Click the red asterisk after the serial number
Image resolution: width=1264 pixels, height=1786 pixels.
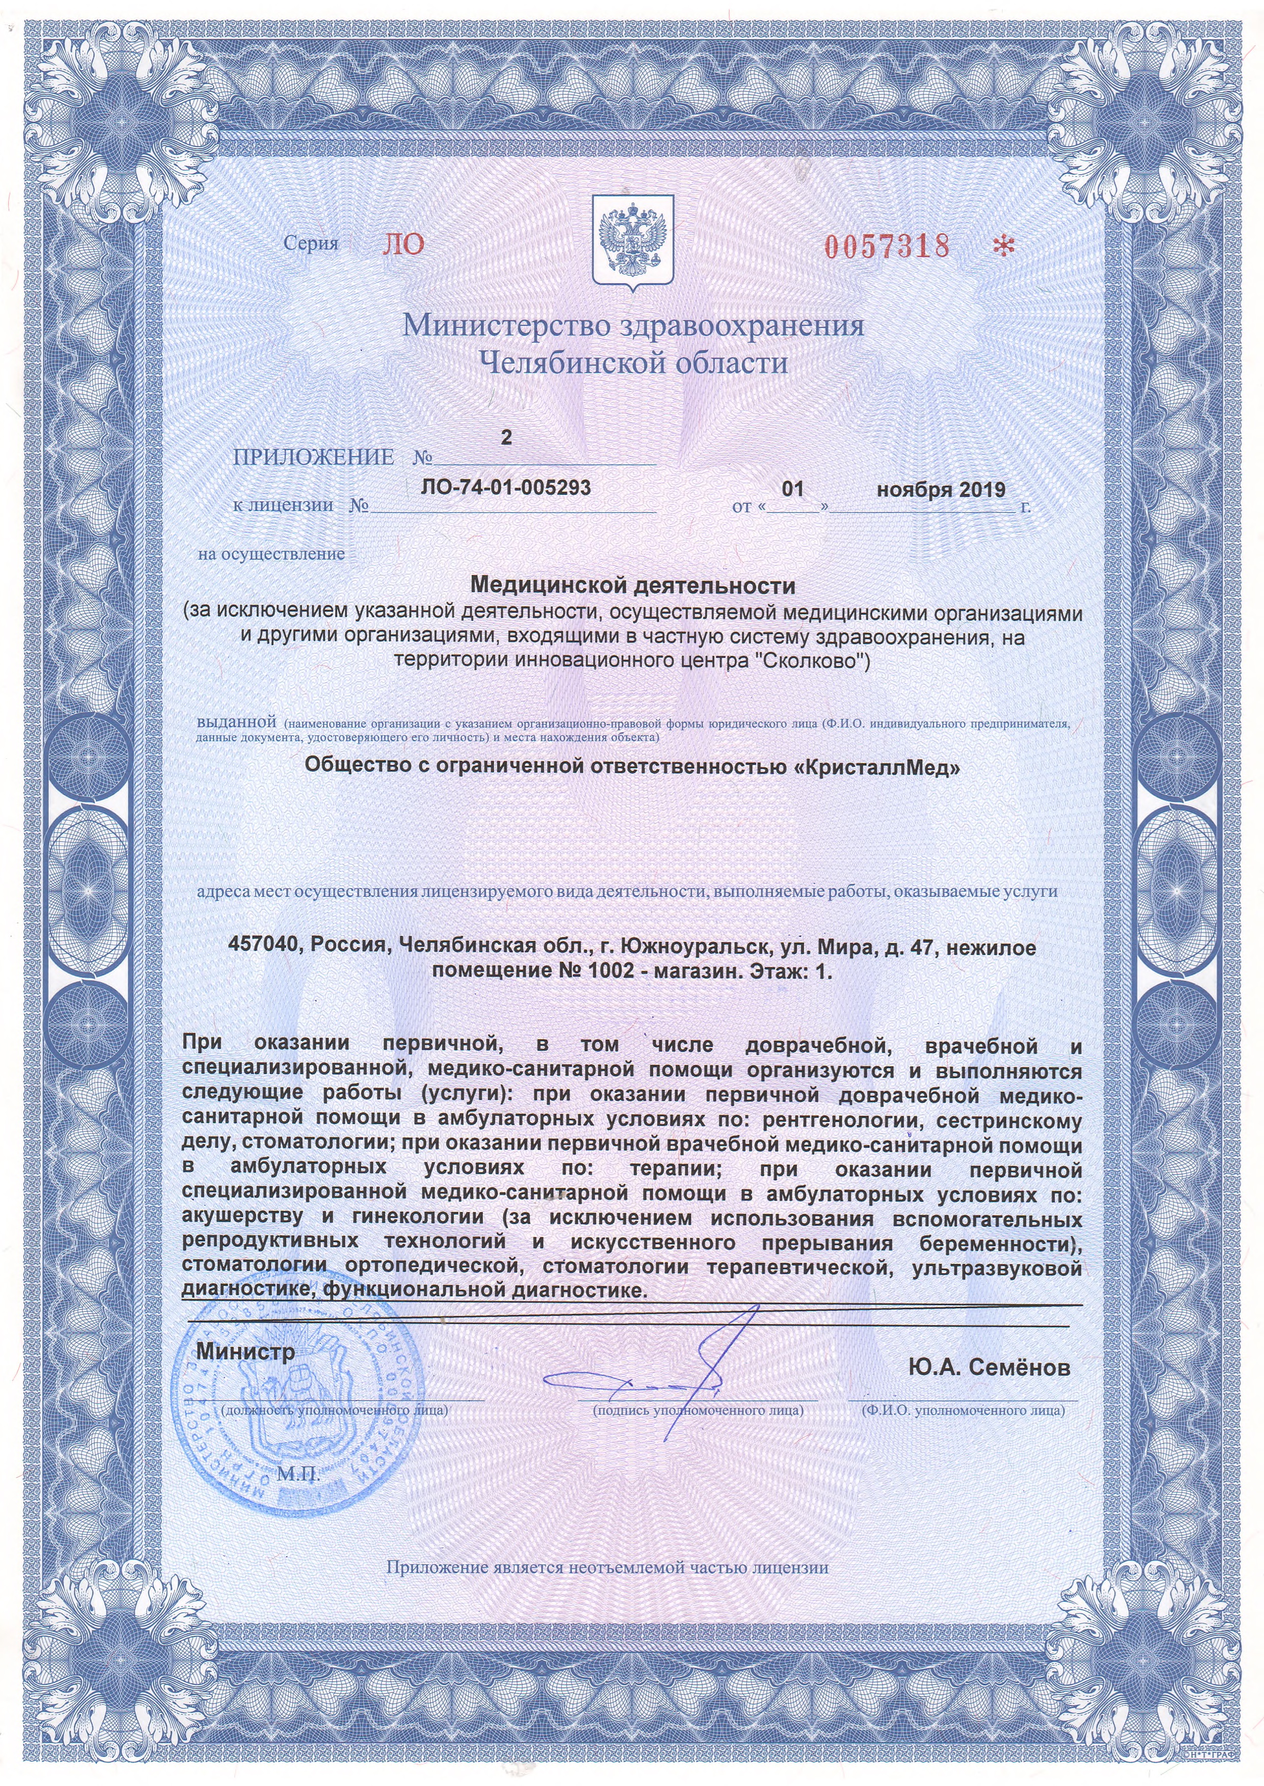point(1004,246)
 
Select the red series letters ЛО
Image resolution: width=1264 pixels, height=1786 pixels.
point(403,244)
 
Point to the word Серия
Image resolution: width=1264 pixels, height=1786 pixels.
point(310,243)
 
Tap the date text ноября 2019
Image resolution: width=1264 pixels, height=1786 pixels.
point(941,489)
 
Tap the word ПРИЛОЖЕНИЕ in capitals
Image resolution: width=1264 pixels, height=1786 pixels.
point(313,457)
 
